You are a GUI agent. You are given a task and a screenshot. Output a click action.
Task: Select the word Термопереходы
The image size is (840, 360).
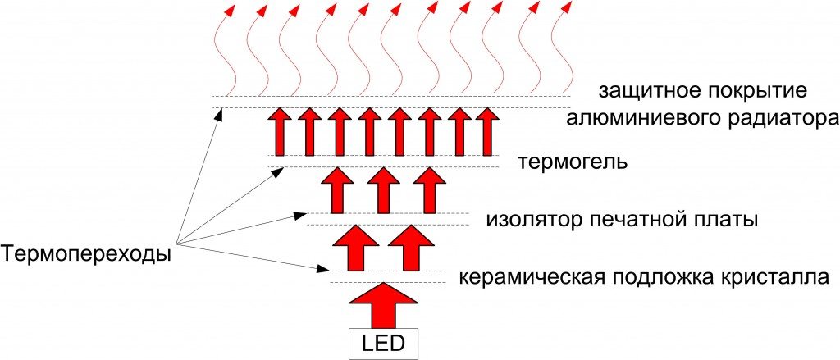click(x=86, y=254)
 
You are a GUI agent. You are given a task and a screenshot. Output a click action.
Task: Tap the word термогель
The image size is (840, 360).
click(x=573, y=161)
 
